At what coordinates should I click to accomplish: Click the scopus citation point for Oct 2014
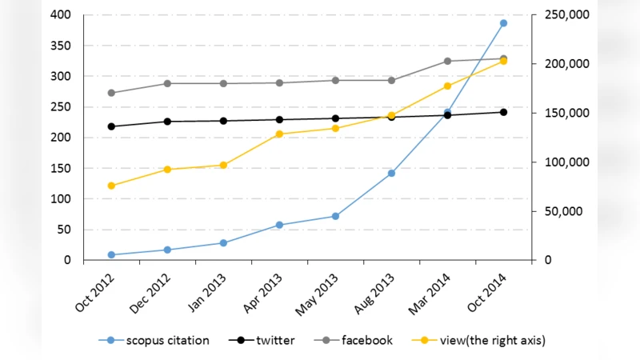pos(503,23)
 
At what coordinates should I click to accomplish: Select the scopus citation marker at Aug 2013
pos(391,173)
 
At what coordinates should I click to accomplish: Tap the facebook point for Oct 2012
pos(111,93)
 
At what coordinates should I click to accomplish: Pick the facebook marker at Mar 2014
pos(447,61)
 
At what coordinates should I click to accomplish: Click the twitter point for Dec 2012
pos(167,122)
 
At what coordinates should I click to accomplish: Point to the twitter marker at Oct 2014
pos(503,112)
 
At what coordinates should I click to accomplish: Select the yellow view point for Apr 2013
pos(279,134)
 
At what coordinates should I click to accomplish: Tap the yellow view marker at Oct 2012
pos(111,186)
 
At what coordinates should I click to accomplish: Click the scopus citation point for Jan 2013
pos(223,242)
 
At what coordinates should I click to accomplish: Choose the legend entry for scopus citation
pos(160,340)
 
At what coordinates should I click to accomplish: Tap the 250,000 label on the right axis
pos(566,15)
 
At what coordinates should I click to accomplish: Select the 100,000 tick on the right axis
pos(566,162)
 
